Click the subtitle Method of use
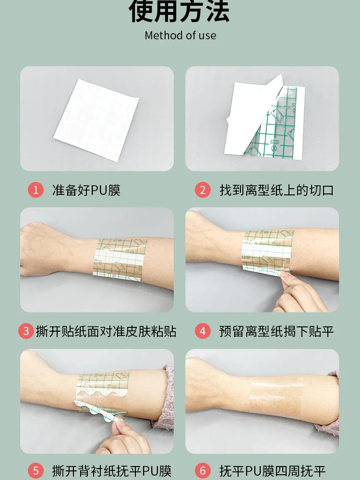click(x=180, y=35)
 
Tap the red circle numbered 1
click(x=35, y=190)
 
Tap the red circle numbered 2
click(x=202, y=190)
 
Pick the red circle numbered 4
click(x=202, y=331)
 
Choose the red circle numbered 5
click(x=35, y=470)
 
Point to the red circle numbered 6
click(x=202, y=470)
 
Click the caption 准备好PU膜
click(x=86, y=190)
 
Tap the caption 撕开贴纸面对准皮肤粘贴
click(x=106, y=331)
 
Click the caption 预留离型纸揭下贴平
click(x=276, y=331)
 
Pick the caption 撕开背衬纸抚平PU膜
click(x=111, y=470)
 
